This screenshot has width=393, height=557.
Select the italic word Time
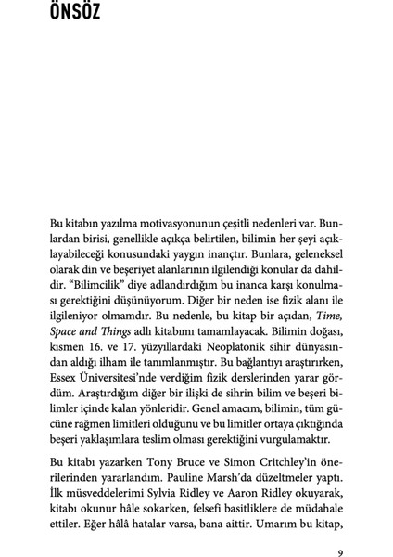[326, 318]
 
